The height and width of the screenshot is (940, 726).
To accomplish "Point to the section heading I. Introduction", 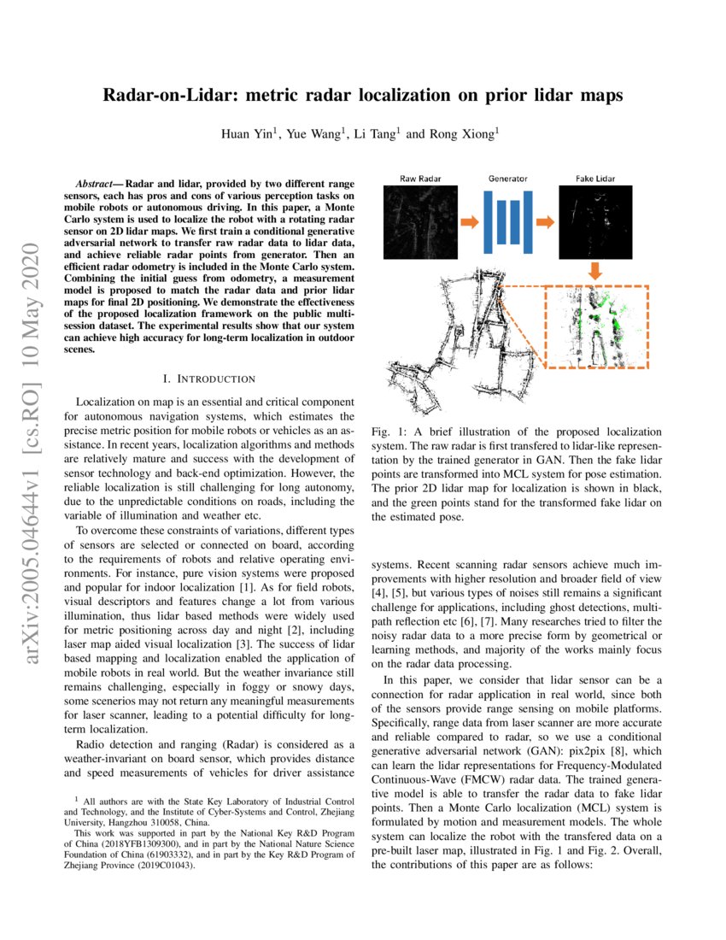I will [x=208, y=378].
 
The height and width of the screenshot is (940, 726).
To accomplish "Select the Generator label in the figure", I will [x=508, y=179].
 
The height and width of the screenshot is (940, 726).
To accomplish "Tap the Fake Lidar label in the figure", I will [x=595, y=179].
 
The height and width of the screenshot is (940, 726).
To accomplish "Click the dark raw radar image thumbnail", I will [x=420, y=223].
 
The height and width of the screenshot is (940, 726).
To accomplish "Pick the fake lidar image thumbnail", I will [x=595, y=223].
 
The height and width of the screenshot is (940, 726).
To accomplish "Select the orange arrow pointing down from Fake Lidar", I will [x=595, y=271].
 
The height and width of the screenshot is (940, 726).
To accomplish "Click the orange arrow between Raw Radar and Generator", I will [x=469, y=223].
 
